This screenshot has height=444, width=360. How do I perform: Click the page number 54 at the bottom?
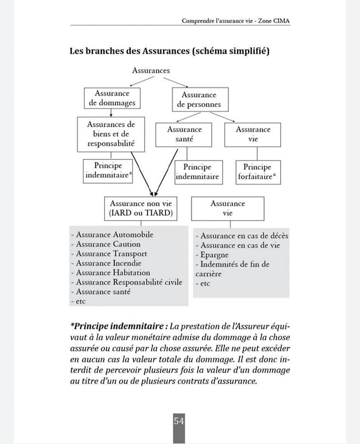click(x=179, y=421)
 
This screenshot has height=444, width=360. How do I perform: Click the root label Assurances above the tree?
click(x=151, y=71)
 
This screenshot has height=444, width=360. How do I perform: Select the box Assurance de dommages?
click(x=112, y=98)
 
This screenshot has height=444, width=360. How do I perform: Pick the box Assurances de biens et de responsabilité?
click(x=111, y=134)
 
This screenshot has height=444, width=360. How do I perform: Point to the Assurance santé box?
click(x=184, y=134)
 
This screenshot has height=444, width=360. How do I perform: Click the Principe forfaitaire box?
click(x=257, y=172)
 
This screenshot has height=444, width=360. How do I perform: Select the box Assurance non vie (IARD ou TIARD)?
click(x=141, y=209)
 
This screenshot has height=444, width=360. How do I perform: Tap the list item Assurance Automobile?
click(x=114, y=234)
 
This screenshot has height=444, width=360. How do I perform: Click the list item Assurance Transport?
click(x=111, y=253)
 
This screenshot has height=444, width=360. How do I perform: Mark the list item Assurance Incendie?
click(x=109, y=263)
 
